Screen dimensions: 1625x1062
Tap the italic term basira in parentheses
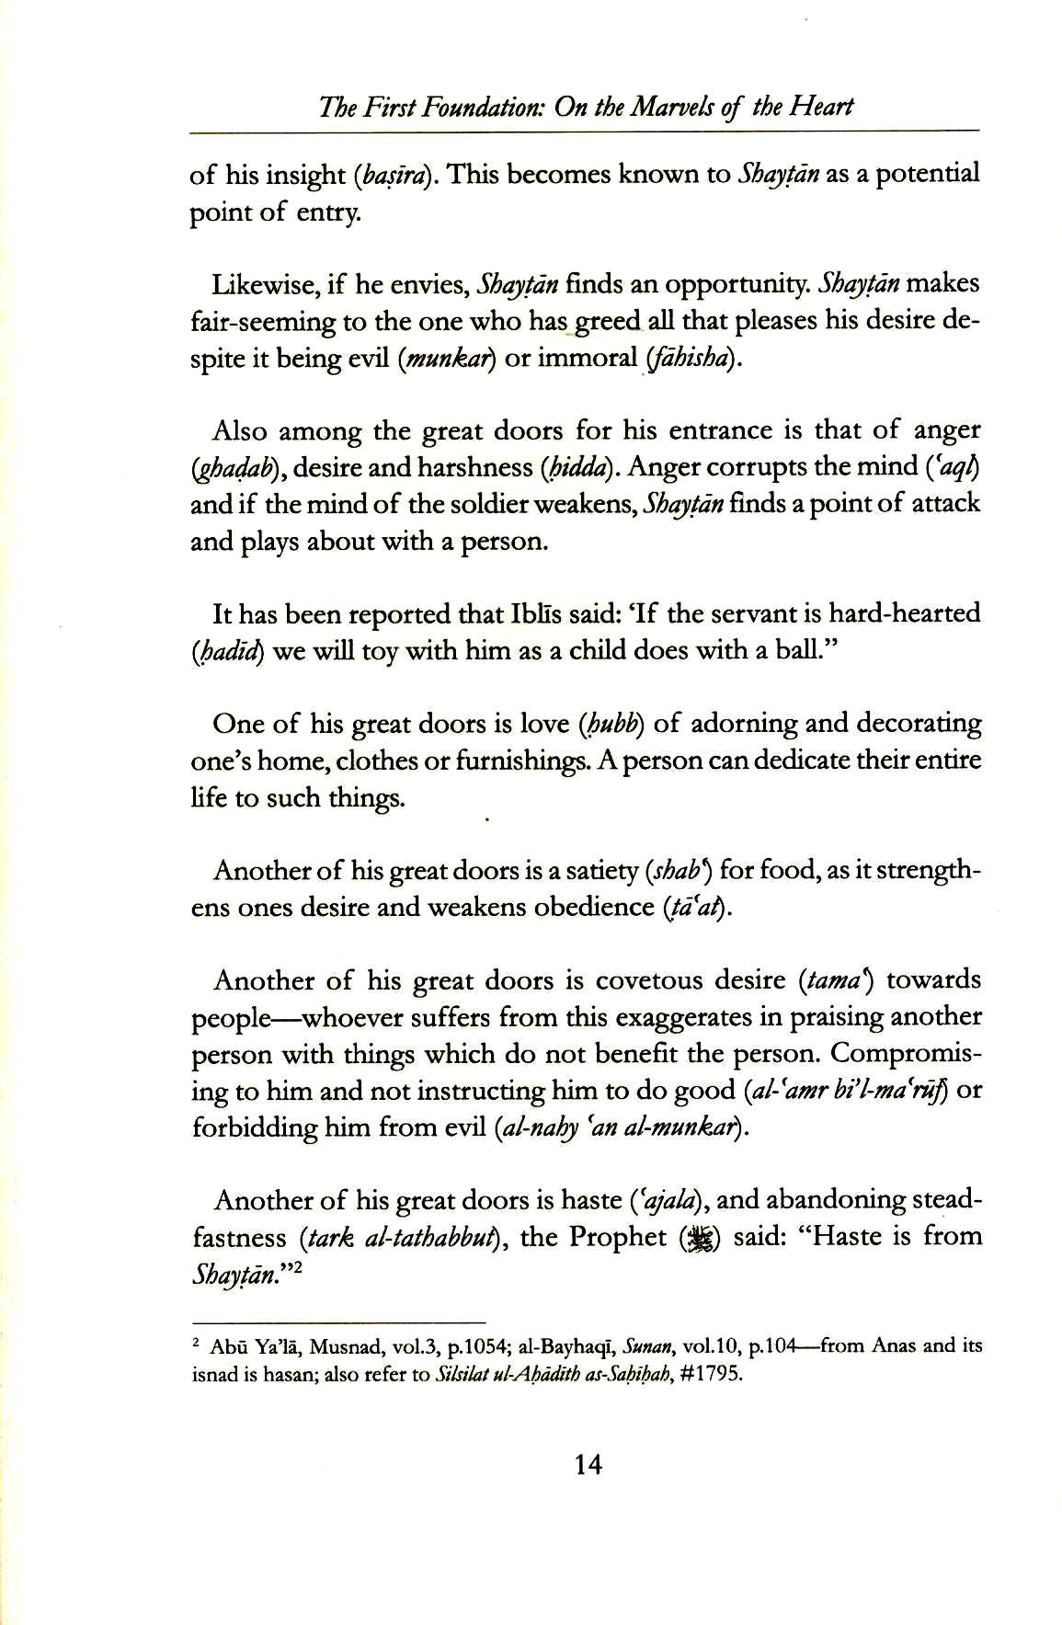point(394,175)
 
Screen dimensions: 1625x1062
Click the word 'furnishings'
point(524,761)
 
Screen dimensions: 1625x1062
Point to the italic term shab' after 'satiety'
point(682,870)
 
